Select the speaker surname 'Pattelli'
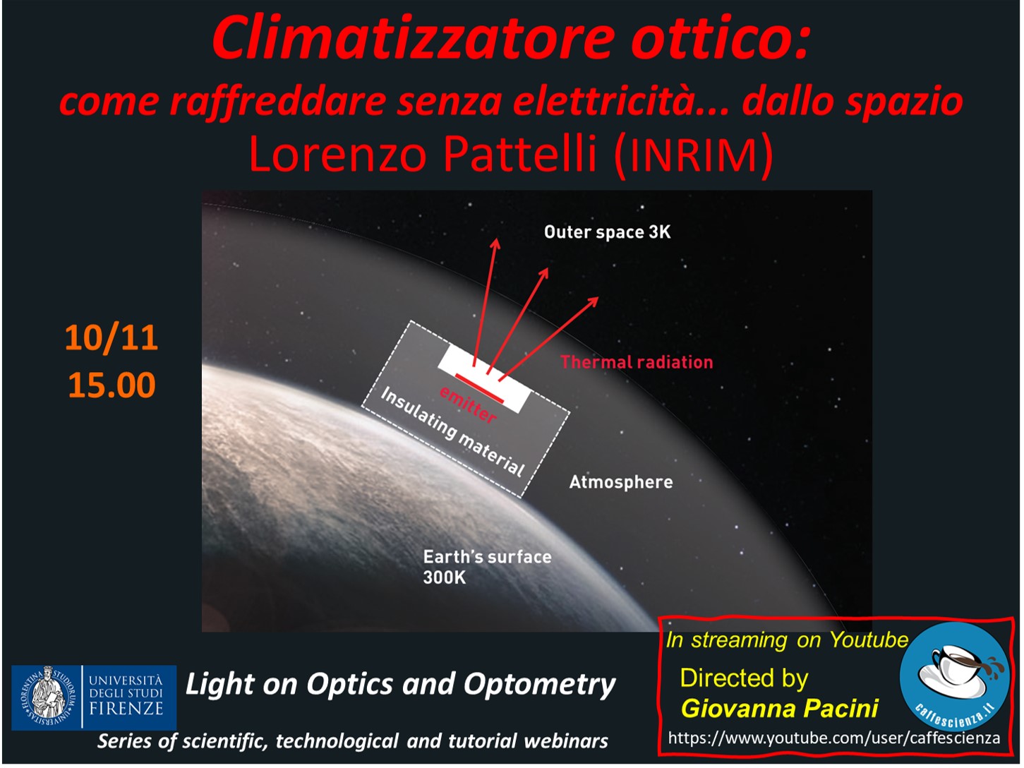pyautogui.click(x=519, y=154)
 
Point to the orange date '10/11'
pyautogui.click(x=111, y=337)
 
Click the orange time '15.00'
pyautogui.click(x=112, y=385)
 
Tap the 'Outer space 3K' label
pyautogui.click(x=608, y=232)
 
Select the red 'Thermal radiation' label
pyautogui.click(x=637, y=362)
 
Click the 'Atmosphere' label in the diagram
pyautogui.click(x=621, y=482)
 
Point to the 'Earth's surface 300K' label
pyautogui.click(x=487, y=567)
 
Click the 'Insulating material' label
pyautogui.click(x=452, y=431)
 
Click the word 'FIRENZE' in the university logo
pyautogui.click(x=126, y=709)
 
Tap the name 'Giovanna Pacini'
pyautogui.click(x=780, y=708)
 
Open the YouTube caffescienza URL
pyautogui.click(x=834, y=738)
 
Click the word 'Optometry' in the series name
pyautogui.click(x=539, y=685)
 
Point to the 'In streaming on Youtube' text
pyautogui.click(x=787, y=640)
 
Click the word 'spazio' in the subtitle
pyautogui.click(x=904, y=102)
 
